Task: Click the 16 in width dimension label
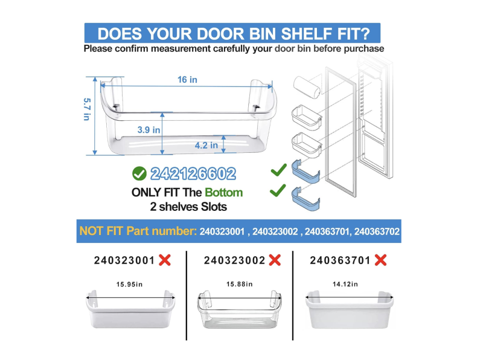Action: coord(187,80)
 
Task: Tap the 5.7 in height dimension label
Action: coord(87,109)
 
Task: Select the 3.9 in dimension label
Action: coord(149,130)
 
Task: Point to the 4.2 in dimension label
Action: coord(206,145)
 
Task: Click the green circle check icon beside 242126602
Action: coord(139,173)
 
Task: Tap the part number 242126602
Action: coord(193,173)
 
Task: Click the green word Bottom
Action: coord(224,192)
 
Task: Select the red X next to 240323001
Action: coord(165,260)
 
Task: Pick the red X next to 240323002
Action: coord(275,260)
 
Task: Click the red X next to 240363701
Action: coord(381,260)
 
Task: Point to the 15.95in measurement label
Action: coord(129,284)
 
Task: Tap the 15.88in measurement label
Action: coord(239,284)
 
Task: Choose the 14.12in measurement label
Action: coord(345,284)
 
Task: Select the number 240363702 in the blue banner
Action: coord(377,231)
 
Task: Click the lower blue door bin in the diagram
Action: coord(305,199)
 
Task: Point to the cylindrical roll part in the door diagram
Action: coord(307,87)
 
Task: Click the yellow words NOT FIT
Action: coord(101,231)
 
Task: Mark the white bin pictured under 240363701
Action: coord(350,309)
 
